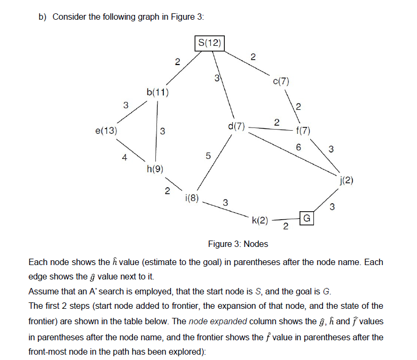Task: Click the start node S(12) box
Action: (x=209, y=43)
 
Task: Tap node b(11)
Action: (x=158, y=92)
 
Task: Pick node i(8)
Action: (x=192, y=198)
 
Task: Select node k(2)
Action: (x=261, y=219)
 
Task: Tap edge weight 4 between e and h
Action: (x=124, y=157)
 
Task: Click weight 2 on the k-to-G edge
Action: (x=285, y=228)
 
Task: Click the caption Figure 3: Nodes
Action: (x=238, y=244)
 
